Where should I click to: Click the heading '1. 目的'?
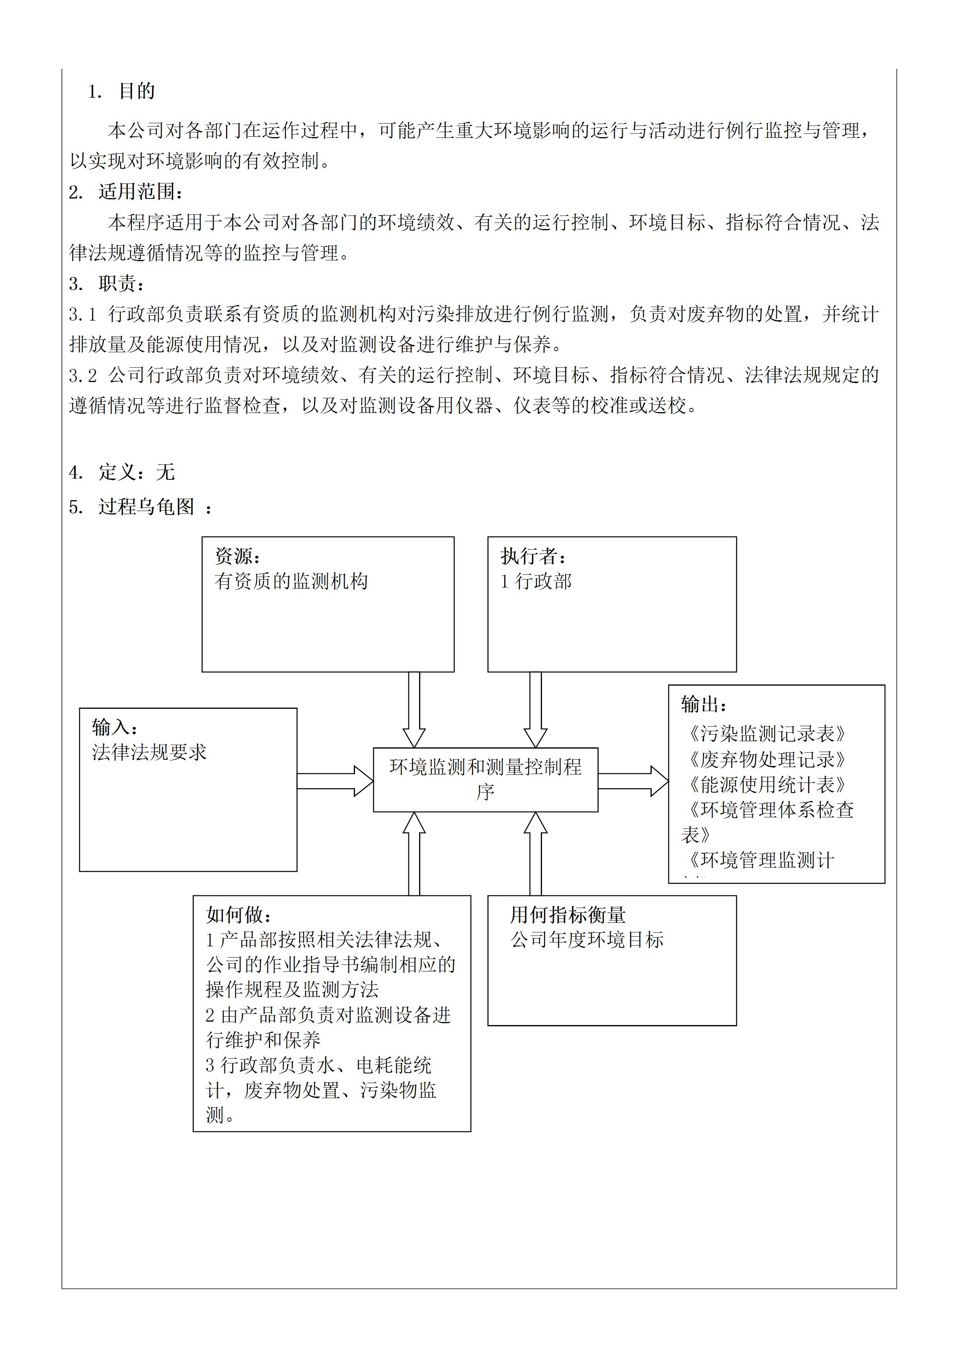point(122,92)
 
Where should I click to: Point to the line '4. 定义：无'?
point(122,472)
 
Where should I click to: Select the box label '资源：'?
point(238,556)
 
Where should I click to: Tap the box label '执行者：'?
point(533,556)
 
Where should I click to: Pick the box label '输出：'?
point(704,704)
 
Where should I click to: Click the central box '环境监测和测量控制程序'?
point(485,779)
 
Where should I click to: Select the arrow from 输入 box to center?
point(334,781)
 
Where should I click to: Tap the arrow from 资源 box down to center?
point(414,710)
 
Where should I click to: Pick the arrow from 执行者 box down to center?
point(535,710)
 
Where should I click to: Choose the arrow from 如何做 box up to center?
point(414,854)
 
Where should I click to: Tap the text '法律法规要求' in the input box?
point(149,752)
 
